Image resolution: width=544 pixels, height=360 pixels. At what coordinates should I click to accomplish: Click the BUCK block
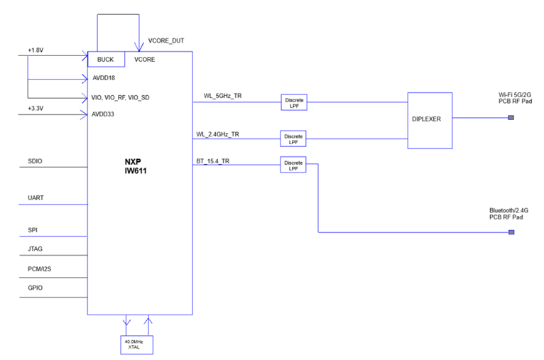coord(105,60)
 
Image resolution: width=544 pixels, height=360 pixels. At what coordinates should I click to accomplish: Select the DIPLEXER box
coord(429,119)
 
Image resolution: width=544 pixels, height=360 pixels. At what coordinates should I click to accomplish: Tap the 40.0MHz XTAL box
coord(136,344)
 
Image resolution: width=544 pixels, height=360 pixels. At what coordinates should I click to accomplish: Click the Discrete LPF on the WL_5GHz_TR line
coord(293,103)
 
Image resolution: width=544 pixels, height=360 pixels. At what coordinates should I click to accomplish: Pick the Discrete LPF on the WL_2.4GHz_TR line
coord(293,139)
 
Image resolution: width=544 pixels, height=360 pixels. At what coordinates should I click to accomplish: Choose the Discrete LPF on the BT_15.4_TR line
coord(293,165)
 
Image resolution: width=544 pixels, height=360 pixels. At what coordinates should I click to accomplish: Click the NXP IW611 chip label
coord(138,166)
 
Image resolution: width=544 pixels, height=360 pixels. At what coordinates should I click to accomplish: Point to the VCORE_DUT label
coord(166,40)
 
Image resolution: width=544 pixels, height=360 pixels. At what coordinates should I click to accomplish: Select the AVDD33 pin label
coord(103,114)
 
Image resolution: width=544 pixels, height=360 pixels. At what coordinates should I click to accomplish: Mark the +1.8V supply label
coord(36,50)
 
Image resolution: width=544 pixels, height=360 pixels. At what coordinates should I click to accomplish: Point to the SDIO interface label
coord(35,161)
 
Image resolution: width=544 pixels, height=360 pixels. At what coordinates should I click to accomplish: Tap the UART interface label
coord(35,197)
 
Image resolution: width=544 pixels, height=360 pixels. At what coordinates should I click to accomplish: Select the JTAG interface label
coord(35,249)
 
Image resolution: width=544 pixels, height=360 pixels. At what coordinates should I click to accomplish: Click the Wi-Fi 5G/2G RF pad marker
coord(510,118)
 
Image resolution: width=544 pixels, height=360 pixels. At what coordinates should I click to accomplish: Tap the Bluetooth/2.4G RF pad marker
coord(510,231)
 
